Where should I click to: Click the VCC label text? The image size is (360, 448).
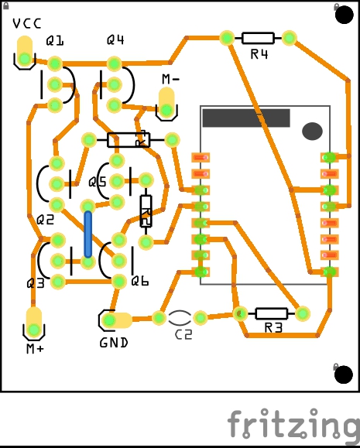click(x=27, y=23)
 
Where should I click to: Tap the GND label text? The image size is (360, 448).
click(x=114, y=343)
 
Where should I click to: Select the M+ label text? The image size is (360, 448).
click(x=35, y=348)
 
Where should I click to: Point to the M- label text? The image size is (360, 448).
click(x=170, y=79)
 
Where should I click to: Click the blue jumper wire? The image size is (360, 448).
click(x=88, y=234)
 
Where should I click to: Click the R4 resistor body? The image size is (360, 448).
click(x=258, y=38)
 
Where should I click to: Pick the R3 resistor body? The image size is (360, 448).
click(x=271, y=313)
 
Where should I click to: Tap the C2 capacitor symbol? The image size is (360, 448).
click(x=180, y=318)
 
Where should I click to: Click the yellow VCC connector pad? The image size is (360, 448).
click(x=25, y=51)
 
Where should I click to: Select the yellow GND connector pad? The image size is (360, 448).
click(x=117, y=320)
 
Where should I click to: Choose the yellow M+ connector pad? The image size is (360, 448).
click(x=34, y=323)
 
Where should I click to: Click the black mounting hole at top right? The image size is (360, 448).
click(x=344, y=14)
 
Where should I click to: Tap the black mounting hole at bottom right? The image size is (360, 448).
click(x=344, y=374)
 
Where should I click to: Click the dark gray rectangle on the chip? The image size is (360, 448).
click(x=246, y=118)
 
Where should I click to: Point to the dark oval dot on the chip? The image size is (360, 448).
click(x=313, y=131)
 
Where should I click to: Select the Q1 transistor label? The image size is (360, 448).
click(x=55, y=41)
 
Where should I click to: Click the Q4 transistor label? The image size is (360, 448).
click(x=115, y=39)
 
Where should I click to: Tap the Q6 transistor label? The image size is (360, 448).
click(x=140, y=282)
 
